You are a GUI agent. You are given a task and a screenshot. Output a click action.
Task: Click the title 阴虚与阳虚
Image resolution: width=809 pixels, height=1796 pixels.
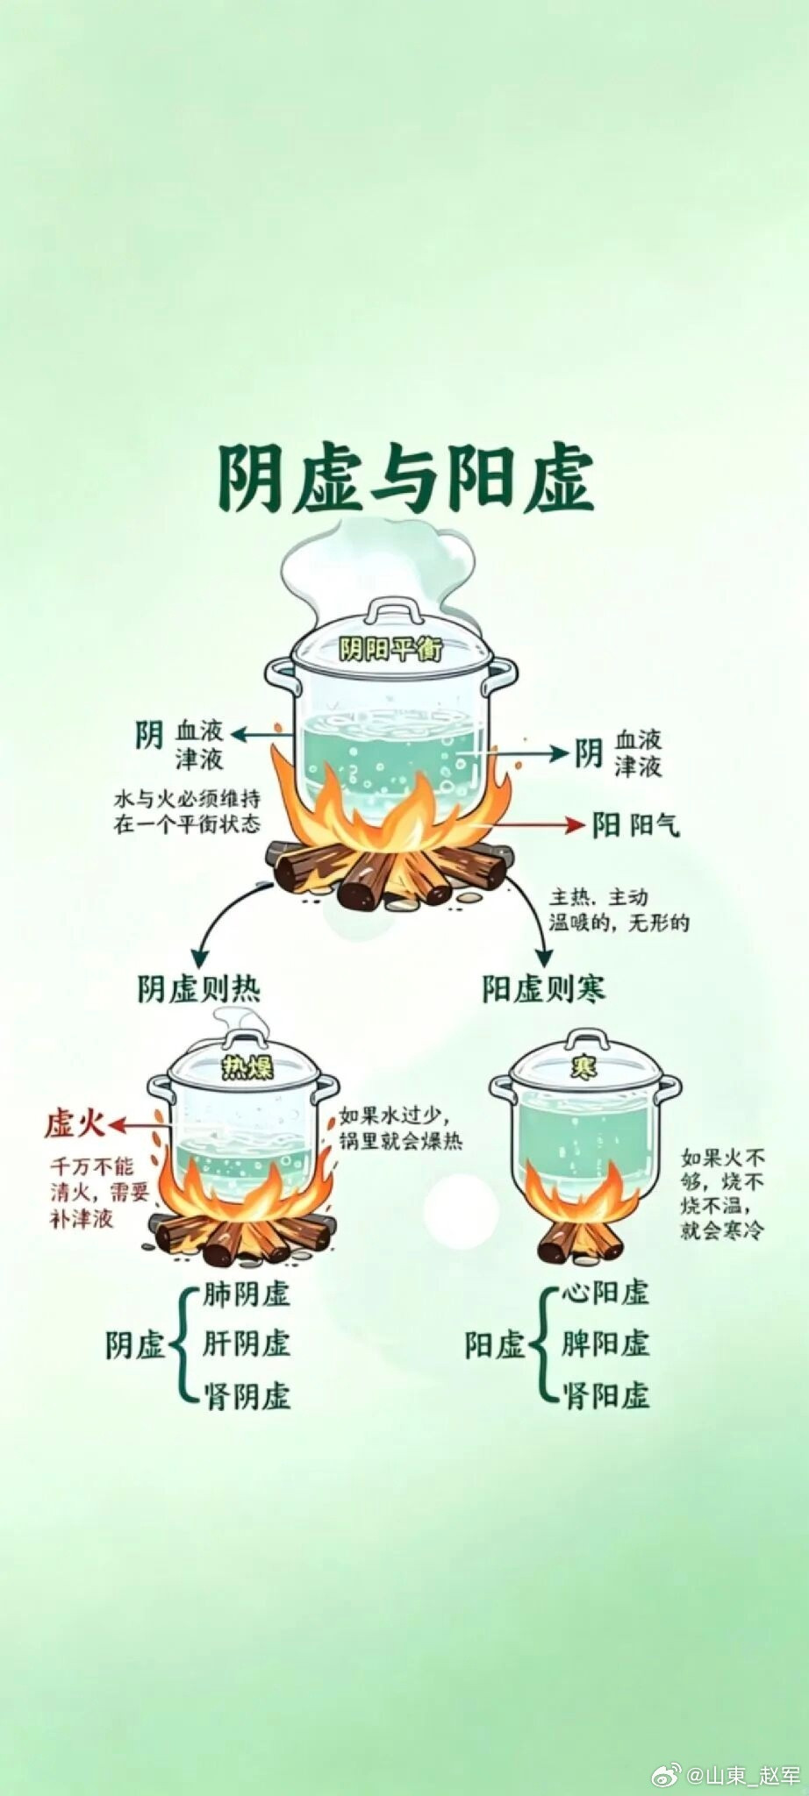pyautogui.click(x=404, y=479)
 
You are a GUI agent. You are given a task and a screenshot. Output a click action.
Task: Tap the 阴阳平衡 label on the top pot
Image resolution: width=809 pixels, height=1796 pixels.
pyautogui.click(x=391, y=649)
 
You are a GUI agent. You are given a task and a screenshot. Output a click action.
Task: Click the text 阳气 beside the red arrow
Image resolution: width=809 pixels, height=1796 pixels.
pyautogui.click(x=655, y=825)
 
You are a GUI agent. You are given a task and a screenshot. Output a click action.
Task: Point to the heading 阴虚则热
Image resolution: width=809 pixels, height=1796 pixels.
pyautogui.click(x=199, y=989)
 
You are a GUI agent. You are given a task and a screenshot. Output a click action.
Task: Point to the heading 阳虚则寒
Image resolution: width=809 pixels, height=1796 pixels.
pyautogui.click(x=544, y=989)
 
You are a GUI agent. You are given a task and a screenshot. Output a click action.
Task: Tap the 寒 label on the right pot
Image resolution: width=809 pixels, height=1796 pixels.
pyautogui.click(x=583, y=1067)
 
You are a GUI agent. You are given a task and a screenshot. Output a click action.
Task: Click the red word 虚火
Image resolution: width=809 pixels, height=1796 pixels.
pyautogui.click(x=75, y=1123)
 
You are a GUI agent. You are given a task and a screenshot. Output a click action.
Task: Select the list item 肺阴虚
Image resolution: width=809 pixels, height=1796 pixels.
pyautogui.click(x=246, y=1294)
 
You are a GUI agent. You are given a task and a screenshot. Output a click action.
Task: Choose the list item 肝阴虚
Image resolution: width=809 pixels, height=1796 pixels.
pyautogui.click(x=246, y=1343)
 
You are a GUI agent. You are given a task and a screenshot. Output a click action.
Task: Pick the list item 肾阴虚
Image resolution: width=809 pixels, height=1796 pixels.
pyautogui.click(x=246, y=1395)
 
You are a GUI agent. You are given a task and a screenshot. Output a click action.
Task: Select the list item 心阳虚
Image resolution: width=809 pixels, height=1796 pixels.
pyautogui.click(x=605, y=1292)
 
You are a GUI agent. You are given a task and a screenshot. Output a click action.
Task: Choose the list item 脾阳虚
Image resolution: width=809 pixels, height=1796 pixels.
pyautogui.click(x=605, y=1343)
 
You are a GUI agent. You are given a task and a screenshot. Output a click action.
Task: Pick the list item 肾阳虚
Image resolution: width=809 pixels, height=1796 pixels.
pyautogui.click(x=605, y=1395)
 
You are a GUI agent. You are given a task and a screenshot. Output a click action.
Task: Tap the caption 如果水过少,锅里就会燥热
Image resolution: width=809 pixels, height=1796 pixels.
pyautogui.click(x=400, y=1128)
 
